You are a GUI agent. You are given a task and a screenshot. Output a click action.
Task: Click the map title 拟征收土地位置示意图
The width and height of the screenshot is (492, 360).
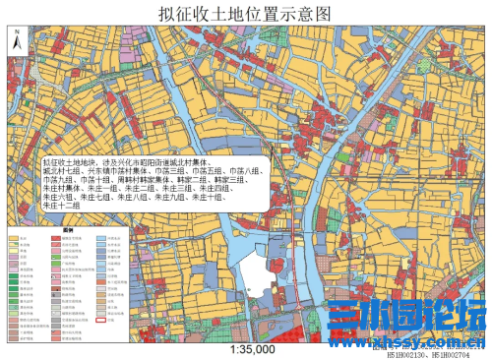coord(246,13)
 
